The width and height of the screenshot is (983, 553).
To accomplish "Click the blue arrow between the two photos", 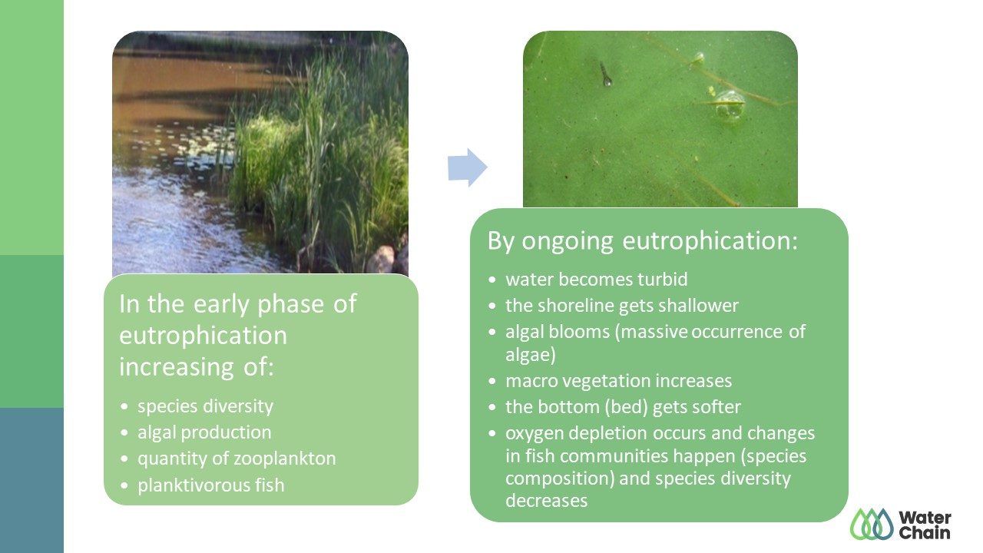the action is pos(468,167).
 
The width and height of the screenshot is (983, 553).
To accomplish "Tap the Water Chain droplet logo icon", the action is pos(872,524).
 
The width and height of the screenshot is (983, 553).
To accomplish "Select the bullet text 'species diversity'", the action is pos(205,406).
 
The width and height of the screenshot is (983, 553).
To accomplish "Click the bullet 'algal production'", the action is pos(204,432).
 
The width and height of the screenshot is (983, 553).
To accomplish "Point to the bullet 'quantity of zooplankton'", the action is pos(237,459).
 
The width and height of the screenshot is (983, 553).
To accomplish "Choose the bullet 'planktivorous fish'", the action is pos(210,485).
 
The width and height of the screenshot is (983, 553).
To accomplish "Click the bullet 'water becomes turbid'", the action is pos(597,280).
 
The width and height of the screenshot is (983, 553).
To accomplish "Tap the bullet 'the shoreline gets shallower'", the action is pos(622,306).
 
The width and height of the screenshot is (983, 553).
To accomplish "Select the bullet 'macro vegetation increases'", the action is pos(618,380).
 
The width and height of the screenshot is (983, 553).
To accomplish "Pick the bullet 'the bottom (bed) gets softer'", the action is pos(623,407).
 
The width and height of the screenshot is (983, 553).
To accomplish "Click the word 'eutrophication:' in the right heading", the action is pos(710,241).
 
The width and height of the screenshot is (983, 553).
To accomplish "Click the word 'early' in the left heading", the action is pos(221,304).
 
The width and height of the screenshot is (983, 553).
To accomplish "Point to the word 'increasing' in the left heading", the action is pos(177,367).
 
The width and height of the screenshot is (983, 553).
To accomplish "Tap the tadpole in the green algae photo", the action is pos(605,75).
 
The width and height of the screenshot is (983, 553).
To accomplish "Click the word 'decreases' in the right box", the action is pos(546,501).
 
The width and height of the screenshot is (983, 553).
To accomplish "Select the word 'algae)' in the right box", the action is pos(531,355).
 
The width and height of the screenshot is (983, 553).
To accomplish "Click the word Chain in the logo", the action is pos(924,533).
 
